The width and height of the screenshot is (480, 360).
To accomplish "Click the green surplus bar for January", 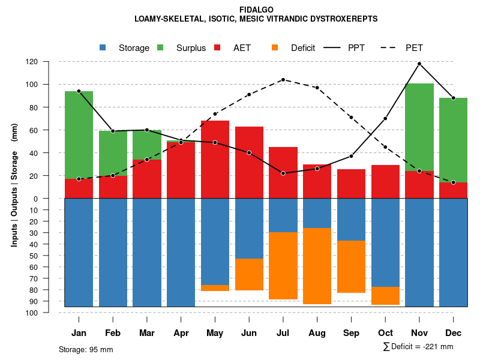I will [x=79, y=135].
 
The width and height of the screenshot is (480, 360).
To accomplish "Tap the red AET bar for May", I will [x=215, y=160].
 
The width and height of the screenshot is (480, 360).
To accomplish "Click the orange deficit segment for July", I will [x=283, y=266].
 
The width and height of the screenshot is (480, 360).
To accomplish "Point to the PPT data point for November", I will [x=419, y=64].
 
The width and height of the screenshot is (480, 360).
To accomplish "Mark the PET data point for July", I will [x=283, y=80].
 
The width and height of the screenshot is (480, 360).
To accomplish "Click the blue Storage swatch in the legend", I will [x=103, y=48].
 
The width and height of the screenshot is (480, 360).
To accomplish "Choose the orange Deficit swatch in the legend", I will [x=275, y=48].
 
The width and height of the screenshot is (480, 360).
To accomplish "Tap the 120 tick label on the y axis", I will [x=49, y=62].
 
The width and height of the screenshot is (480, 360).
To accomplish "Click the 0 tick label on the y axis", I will [x=52, y=199].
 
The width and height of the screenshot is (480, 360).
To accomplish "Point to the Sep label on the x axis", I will [x=351, y=333].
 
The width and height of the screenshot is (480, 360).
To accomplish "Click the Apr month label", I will [x=181, y=333].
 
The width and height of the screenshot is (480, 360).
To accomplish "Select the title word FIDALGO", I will [x=256, y=10].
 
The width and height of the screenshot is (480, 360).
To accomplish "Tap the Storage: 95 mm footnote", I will [x=86, y=349].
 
